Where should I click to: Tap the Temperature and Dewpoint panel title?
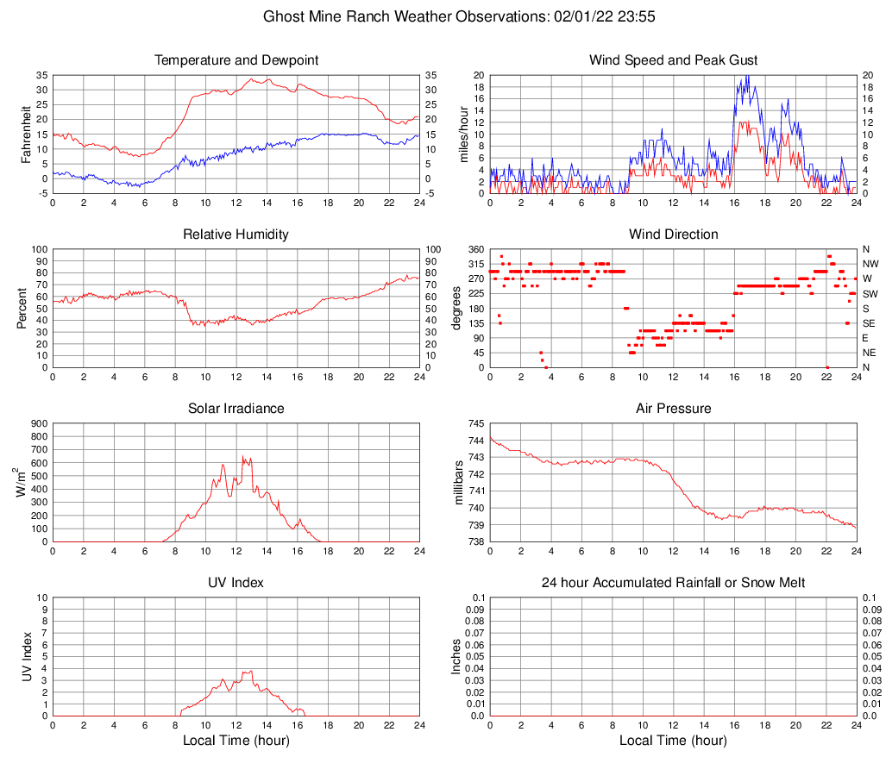(x=236, y=60)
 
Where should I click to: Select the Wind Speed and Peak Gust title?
(x=673, y=60)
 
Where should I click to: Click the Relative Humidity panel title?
(x=236, y=235)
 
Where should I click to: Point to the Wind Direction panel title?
(x=673, y=235)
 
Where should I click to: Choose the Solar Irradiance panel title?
(x=236, y=409)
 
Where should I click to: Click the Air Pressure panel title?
(x=673, y=409)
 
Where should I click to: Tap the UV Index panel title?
(x=236, y=583)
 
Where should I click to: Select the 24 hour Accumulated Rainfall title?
(x=673, y=583)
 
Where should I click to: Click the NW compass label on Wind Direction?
(x=870, y=264)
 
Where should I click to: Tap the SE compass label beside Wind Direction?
(x=869, y=323)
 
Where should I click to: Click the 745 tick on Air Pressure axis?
(x=474, y=423)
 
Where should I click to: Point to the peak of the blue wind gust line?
(x=748, y=76)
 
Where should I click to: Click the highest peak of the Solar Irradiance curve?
(x=242, y=456)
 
